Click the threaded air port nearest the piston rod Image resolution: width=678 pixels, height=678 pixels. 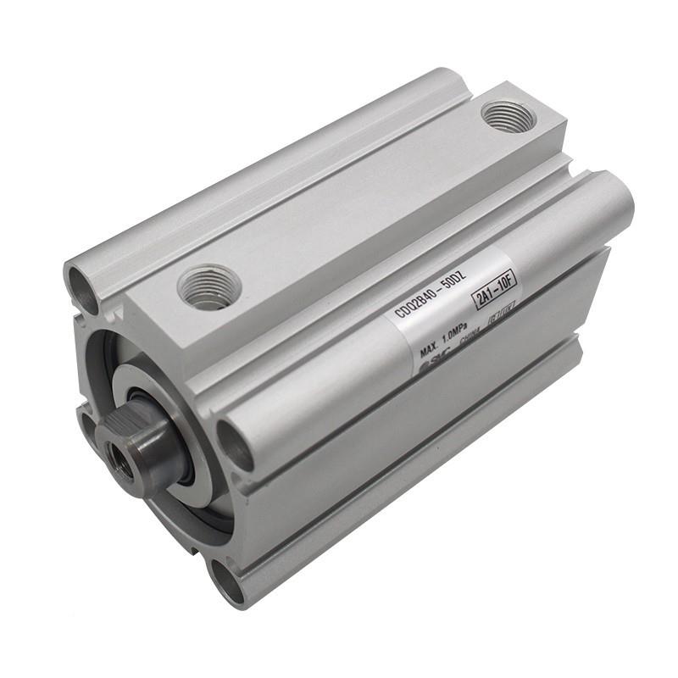click(209, 286)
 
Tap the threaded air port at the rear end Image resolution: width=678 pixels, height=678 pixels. click(508, 115)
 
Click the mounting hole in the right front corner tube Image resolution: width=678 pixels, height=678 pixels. click(234, 442)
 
